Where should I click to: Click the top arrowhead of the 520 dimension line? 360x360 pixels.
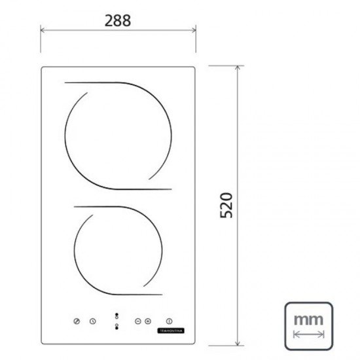[x=239, y=68]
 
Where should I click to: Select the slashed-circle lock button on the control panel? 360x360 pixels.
[x=77, y=321]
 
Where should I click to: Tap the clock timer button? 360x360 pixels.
[x=93, y=321]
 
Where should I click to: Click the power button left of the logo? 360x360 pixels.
[x=170, y=321]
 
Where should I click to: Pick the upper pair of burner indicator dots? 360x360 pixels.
[x=116, y=315]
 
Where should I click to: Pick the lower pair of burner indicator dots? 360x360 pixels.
[x=116, y=326]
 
